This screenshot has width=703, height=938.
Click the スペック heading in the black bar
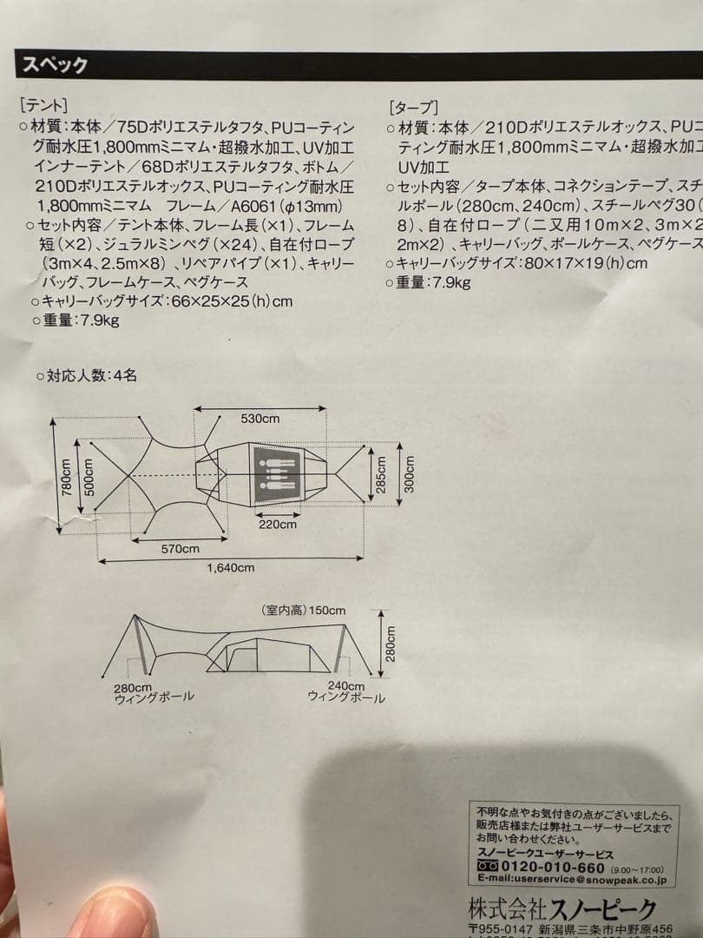pos(54,65)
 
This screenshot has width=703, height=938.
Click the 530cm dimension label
pos(260,419)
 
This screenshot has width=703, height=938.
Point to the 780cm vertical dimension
pos(65,476)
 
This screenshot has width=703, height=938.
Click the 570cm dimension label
pos(180,548)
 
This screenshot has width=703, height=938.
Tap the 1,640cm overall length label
pos(231,567)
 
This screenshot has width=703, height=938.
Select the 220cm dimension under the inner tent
pos(278,524)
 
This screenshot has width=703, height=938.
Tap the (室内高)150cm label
pos(303,611)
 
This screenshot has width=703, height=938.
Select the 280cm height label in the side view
pos(391,644)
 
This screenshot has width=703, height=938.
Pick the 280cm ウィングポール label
pos(154,691)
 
